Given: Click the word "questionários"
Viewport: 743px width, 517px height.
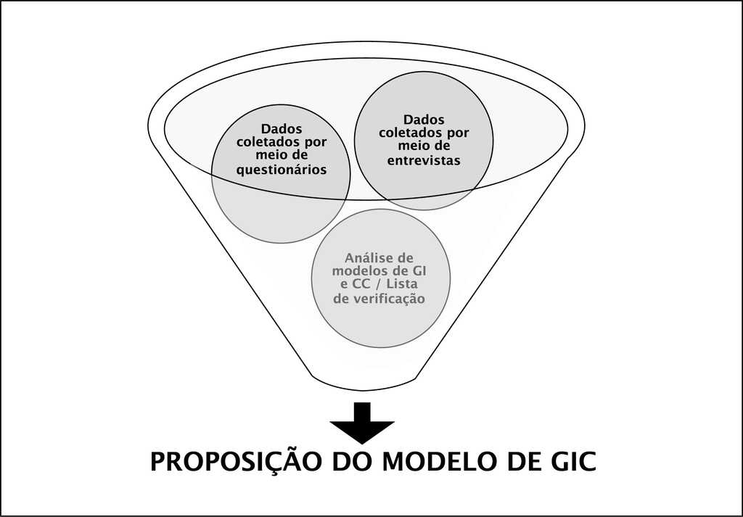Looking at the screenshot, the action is (282, 170).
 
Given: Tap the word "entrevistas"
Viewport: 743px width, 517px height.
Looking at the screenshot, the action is (424, 160).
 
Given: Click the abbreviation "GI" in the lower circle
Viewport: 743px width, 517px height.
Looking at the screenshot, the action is (419, 270).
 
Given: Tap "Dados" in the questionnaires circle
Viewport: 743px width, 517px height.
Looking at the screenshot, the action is (282, 128).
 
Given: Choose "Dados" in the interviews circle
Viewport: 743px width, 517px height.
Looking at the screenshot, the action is (424, 119).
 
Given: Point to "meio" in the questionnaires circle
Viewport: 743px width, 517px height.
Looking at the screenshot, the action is (271, 156).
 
